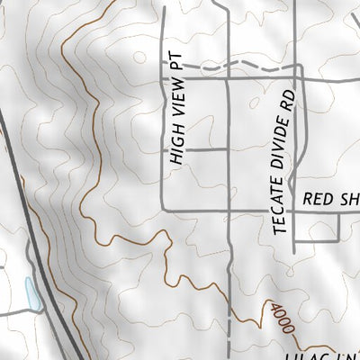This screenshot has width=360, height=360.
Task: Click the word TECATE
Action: (x=281, y=207)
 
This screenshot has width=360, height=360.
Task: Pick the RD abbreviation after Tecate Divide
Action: (x=289, y=98)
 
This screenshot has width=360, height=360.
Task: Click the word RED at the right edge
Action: (x=318, y=200)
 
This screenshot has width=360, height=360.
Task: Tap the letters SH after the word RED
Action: (x=350, y=200)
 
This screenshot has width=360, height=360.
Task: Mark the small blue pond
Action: (x=32, y=293)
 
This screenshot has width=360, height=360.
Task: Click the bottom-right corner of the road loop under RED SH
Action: (x=338, y=242)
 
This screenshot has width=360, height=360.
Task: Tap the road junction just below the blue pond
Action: (x=35, y=311)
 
